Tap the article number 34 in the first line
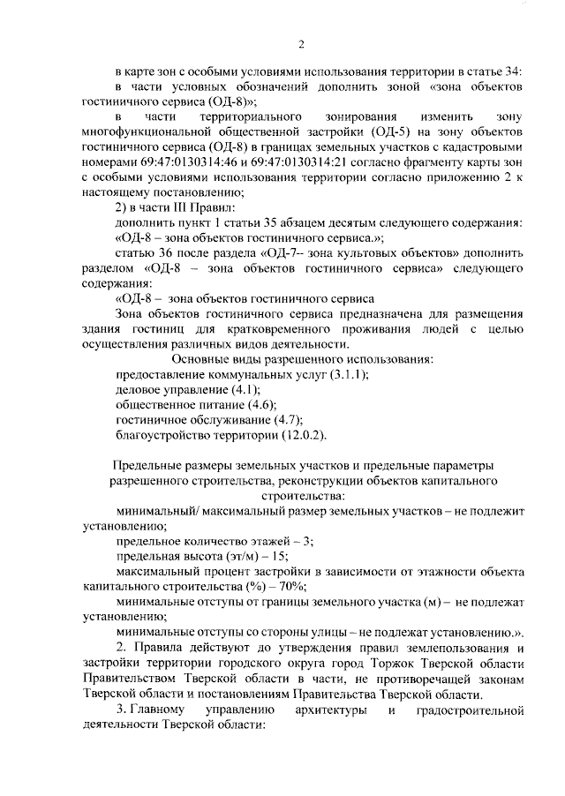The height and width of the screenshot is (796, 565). click(519, 71)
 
